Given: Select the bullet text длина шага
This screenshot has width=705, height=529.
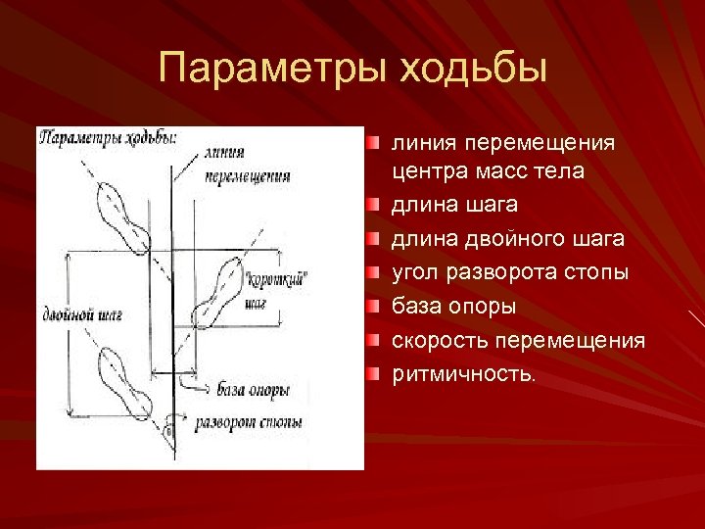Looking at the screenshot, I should coord(454,206).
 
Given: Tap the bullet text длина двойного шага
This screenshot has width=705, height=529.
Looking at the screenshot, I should coord(507,239).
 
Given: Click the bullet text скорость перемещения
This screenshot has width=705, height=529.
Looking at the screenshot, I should coord(518,340).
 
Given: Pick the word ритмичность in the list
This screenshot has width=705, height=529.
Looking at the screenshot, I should coord(462,373).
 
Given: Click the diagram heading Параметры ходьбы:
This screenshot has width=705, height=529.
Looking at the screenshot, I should coord(108,138).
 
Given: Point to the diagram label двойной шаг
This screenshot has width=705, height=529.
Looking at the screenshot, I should coord(82,316).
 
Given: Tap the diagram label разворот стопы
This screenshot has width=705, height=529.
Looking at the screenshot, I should coord(248,423).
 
